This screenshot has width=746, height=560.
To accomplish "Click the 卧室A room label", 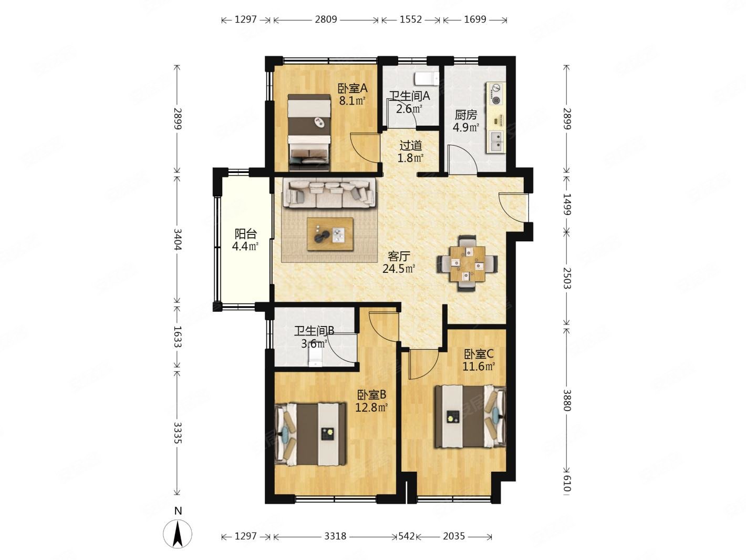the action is point(353,88).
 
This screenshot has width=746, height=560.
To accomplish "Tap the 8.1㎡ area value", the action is point(352,101).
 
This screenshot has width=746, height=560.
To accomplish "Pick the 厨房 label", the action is point(465,115).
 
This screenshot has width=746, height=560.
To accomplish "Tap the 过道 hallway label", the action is point(410,146).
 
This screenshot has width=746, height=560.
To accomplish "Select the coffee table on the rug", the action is point(330,234).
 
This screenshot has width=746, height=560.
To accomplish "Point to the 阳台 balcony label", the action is point(246,234).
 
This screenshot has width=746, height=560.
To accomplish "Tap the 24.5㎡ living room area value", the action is point(399,269).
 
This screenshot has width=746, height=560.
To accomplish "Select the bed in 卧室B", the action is point(310,434).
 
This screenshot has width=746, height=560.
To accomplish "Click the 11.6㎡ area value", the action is point(478,366).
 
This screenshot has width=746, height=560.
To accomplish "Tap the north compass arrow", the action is point(178,533).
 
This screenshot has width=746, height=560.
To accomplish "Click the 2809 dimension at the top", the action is point(326,19).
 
